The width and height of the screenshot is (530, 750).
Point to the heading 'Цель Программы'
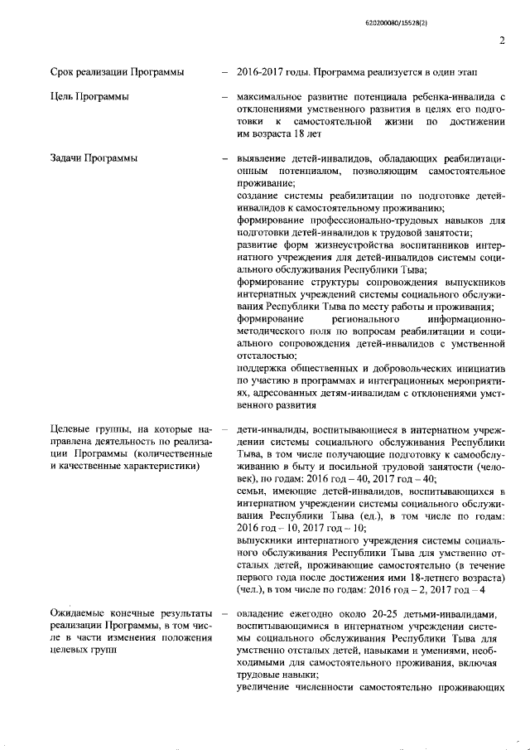[89, 98]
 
